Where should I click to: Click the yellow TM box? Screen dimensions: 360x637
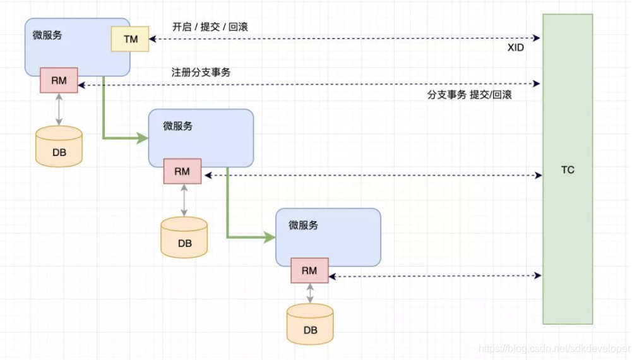click(x=130, y=39)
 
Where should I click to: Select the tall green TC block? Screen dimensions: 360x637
click(x=568, y=169)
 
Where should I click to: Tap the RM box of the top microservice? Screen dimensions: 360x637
click(x=59, y=81)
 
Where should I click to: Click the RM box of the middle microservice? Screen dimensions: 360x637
click(x=182, y=171)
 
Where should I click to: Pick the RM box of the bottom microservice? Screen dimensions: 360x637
click(x=309, y=271)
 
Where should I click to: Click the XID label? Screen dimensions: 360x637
click(x=515, y=47)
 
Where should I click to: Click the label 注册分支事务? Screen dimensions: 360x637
click(x=200, y=72)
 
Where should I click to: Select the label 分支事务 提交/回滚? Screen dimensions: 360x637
click(x=469, y=95)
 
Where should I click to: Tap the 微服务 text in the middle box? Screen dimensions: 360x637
click(x=177, y=126)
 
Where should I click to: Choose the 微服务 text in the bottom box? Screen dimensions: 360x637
click(x=303, y=225)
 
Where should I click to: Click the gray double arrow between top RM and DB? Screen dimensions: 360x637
click(x=59, y=109)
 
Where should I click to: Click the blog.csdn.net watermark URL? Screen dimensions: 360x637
click(x=554, y=349)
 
